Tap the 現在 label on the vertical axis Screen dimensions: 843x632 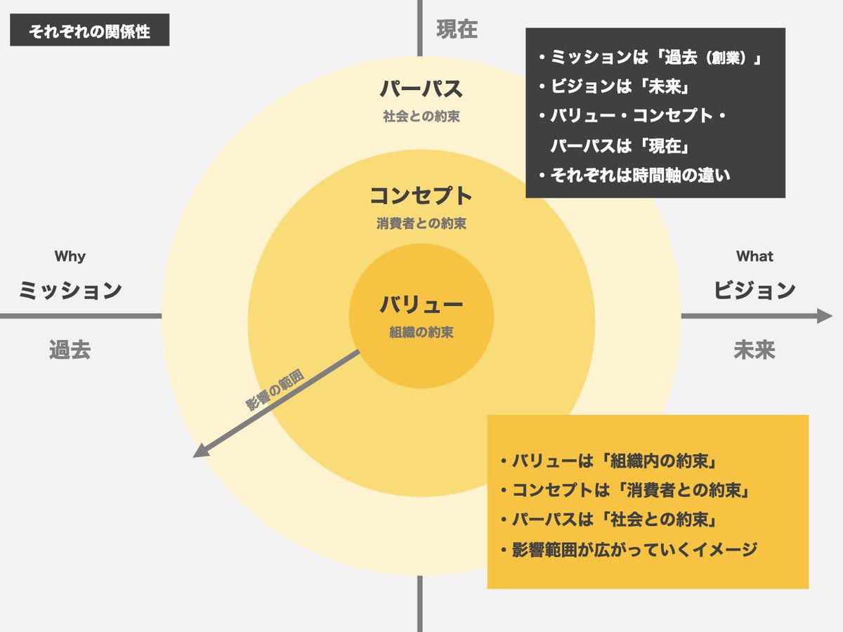pyautogui.click(x=457, y=29)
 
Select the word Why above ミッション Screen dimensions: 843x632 pyautogui.click(x=70, y=256)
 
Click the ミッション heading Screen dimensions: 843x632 pyautogui.click(x=70, y=290)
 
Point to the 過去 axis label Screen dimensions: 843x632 pyautogui.click(x=70, y=349)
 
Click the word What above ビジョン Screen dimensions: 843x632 pyautogui.click(x=754, y=256)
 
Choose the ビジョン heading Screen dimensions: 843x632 pyautogui.click(x=754, y=290)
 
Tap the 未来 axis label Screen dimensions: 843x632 pyautogui.click(x=754, y=349)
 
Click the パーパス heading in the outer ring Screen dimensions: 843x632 pyautogui.click(x=421, y=89)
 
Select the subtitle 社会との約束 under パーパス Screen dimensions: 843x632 pyautogui.click(x=421, y=117)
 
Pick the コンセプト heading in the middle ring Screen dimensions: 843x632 pyautogui.click(x=421, y=195)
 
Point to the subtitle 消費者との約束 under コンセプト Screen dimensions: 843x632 pyautogui.click(x=421, y=224)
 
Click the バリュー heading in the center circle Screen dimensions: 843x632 pyautogui.click(x=421, y=305)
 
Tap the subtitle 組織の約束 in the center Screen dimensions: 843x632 pyautogui.click(x=421, y=332)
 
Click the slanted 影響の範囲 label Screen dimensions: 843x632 pyautogui.click(x=275, y=390)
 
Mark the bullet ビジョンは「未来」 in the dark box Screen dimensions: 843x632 pyautogui.click(x=611, y=86)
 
